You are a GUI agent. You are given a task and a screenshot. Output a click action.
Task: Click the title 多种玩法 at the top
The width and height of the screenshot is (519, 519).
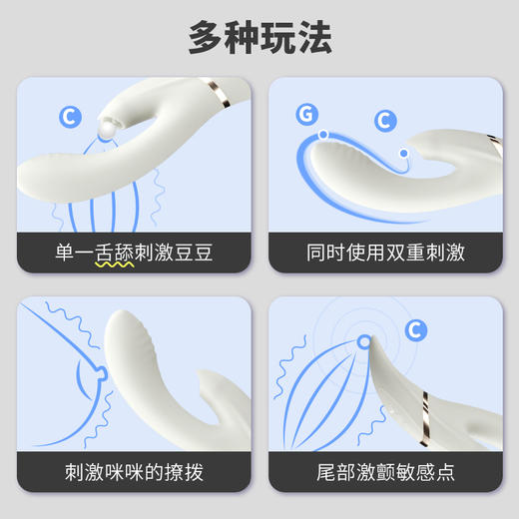[259, 37]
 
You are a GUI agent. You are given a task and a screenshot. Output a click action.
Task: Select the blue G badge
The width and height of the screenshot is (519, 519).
[305, 114]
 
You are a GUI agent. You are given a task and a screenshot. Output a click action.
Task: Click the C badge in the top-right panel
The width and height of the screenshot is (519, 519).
[385, 122]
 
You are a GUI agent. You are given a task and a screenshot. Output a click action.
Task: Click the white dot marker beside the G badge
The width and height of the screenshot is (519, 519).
[322, 133]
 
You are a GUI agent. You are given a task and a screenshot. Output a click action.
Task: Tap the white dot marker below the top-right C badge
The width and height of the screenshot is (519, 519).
[403, 153]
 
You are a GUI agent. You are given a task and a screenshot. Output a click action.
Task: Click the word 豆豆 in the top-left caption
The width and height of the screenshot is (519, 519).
[193, 252]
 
